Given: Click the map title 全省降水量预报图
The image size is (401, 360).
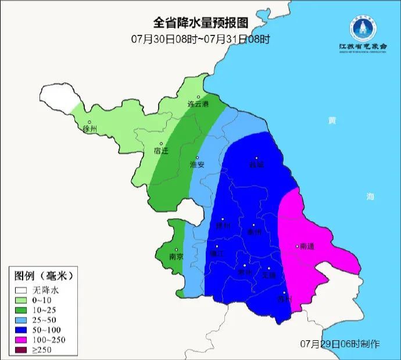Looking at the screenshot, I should pyautogui.click(x=201, y=23).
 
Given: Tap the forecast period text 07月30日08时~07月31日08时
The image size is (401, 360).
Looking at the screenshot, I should pyautogui.click(x=201, y=40).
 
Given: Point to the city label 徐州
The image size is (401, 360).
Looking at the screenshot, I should pyautogui.click(x=90, y=129).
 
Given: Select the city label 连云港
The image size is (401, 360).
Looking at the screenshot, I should pyautogui.click(x=198, y=104).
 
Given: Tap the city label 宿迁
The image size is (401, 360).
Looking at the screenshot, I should pyautogui.click(x=161, y=151).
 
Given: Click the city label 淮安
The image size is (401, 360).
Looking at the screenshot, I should pyautogui.click(x=197, y=165).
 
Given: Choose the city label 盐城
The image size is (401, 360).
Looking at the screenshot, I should pyautogui.click(x=256, y=164).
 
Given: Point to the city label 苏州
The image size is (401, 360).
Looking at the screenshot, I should pyautogui.click(x=284, y=300).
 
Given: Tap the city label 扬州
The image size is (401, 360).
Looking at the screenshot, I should pyautogui.click(x=223, y=226).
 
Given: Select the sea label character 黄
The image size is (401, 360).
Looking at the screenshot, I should pyautogui.click(x=332, y=121).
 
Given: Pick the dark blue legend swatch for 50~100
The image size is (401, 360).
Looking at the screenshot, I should pyautogui.click(x=22, y=327).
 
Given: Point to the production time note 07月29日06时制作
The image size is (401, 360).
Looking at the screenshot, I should pyautogui.click(x=340, y=344).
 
